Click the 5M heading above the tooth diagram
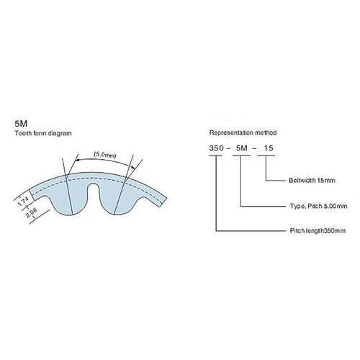tap(21, 124)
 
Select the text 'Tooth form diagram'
tap(43, 133)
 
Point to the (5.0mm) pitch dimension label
tap(105, 155)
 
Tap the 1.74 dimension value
tap(24, 201)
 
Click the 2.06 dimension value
tap(31, 212)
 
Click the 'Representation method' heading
tap(243, 132)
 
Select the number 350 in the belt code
tap(217, 148)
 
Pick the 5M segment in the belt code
tap(242, 148)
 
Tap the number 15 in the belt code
tap(269, 148)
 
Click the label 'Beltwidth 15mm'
tap(312, 180)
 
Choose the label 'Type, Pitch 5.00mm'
tap(318, 206)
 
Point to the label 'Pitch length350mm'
tap(318, 230)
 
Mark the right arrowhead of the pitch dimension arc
tap(132, 166)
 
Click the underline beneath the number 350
tap(216, 156)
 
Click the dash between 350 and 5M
tap(228, 148)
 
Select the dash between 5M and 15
tap(254, 148)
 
